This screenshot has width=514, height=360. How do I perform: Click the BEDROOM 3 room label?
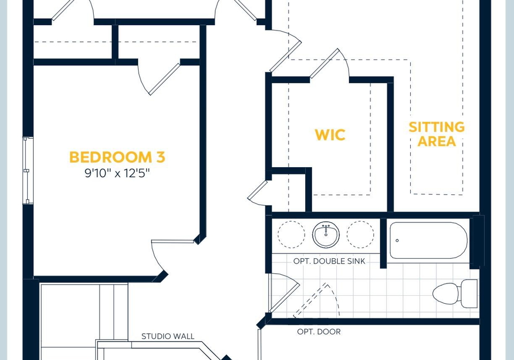pyautogui.click(x=117, y=157)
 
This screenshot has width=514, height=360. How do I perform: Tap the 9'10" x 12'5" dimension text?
pyautogui.click(x=117, y=173)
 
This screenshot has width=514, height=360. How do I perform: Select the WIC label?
pyautogui.click(x=330, y=135)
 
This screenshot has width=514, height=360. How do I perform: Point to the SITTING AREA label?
pyautogui.click(x=437, y=134)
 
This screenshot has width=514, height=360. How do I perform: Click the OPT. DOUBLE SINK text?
pyautogui.click(x=329, y=261)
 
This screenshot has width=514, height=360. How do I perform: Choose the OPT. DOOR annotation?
pyautogui.click(x=319, y=332)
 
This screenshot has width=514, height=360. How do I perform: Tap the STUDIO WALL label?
pyautogui.click(x=168, y=336)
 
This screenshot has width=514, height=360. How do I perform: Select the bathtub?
pyautogui.click(x=428, y=241)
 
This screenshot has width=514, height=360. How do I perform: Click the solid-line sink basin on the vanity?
pyautogui.click(x=326, y=235)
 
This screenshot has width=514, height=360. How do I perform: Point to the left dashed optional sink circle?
pyautogui.click(x=291, y=234)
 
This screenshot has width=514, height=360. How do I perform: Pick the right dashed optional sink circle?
pyautogui.click(x=360, y=234)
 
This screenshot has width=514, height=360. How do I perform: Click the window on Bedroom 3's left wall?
pyautogui.click(x=27, y=170)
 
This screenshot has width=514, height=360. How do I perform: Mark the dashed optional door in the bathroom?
pyautogui.click(x=316, y=300)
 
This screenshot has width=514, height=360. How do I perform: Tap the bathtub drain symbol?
pyautogui.click(x=397, y=241)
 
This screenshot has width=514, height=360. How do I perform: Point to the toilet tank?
pyautogui.click(x=470, y=294)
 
